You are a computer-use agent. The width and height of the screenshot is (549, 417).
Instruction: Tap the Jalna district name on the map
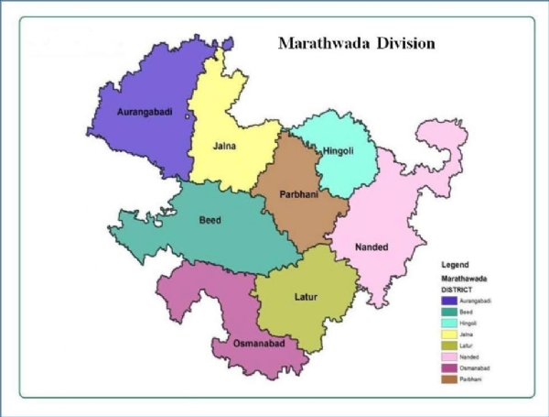coord(226,145)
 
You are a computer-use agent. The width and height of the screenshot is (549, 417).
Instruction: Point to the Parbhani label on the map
coord(285,192)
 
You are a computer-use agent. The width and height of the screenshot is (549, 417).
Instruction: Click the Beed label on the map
coord(210,220)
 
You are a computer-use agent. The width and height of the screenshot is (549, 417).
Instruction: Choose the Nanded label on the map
coord(371,247)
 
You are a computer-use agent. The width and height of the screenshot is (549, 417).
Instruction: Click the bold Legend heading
coord(456,265)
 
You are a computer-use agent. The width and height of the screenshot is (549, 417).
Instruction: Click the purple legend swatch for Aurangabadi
coord(449,300)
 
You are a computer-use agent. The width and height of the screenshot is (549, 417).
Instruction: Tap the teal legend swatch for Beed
coord(449,312)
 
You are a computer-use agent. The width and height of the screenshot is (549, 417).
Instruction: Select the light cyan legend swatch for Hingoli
coord(449,324)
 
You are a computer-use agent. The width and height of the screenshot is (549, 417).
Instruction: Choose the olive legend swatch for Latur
coord(449,346)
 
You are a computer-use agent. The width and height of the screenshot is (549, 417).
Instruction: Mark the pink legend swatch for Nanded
coord(449,358)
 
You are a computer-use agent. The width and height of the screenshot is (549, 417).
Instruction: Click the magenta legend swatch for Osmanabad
coord(449,369)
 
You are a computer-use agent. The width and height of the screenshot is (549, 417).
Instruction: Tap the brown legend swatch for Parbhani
coord(449,380)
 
